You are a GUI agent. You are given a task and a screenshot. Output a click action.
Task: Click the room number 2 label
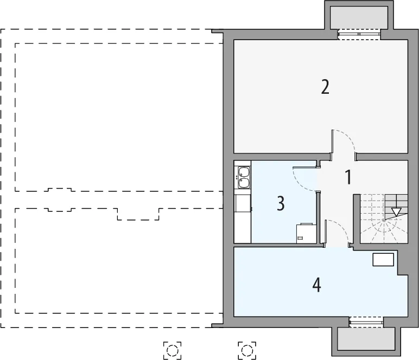(x=325, y=87)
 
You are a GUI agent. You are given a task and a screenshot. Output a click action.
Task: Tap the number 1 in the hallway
(x=348, y=177)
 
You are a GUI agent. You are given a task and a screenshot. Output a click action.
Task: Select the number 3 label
(x=281, y=203)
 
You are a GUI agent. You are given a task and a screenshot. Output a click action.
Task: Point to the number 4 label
(x=316, y=285)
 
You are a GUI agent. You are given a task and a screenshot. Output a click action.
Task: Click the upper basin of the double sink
(x=243, y=171)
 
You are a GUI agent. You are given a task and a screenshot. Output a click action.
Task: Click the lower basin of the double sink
(x=243, y=183)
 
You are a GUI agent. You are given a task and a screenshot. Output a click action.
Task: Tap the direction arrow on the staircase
(x=396, y=212)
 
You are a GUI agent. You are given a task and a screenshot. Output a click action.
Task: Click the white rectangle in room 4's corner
(x=383, y=260)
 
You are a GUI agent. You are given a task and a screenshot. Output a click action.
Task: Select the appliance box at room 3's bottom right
(x=307, y=234)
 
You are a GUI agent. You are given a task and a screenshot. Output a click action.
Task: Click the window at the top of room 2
(x=359, y=34)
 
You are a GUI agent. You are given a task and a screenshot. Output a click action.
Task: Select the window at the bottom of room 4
(x=366, y=323)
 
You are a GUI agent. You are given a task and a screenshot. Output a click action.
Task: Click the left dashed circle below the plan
(x=173, y=350)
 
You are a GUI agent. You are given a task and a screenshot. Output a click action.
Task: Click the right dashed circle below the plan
(x=247, y=350)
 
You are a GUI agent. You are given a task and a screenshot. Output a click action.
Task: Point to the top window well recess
(x=359, y=17)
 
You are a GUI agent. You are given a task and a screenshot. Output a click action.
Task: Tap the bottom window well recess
(x=366, y=338)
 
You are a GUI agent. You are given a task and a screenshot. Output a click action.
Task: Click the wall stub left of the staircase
(x=357, y=219)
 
